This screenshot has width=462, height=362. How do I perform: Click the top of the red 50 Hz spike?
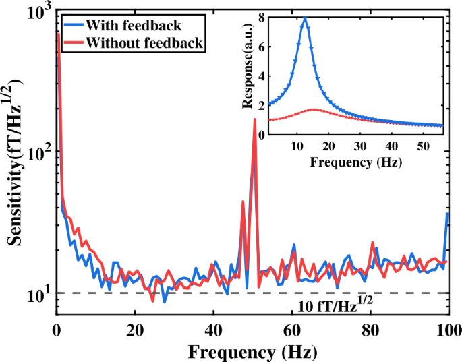254,119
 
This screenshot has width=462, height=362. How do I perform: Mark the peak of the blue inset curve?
305,19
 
